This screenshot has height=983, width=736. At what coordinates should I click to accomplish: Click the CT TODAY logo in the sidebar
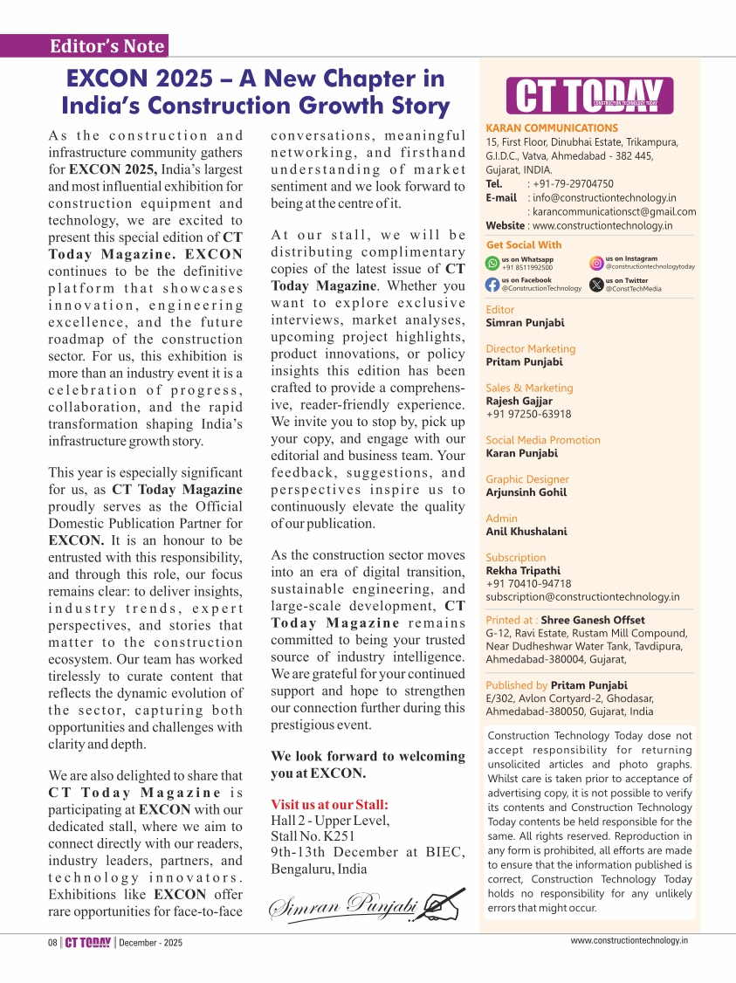point(591,96)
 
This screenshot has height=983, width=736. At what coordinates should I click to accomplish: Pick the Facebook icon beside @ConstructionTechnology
point(493,284)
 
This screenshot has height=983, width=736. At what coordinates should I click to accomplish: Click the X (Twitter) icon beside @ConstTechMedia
point(597,284)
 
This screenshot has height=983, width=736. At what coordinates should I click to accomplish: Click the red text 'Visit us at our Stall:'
point(329,804)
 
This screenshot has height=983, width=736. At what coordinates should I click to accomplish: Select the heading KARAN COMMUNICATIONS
point(552,128)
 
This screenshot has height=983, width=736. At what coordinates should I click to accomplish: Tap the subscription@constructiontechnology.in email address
point(582,597)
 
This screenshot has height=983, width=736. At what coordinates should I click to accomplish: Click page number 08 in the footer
point(52,943)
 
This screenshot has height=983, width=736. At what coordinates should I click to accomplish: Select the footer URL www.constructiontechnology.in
point(629,940)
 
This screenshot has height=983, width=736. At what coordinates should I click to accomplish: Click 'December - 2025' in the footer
point(151,943)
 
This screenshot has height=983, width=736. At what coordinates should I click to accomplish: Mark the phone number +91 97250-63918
point(528,414)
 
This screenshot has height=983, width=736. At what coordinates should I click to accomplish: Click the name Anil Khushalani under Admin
point(527,531)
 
